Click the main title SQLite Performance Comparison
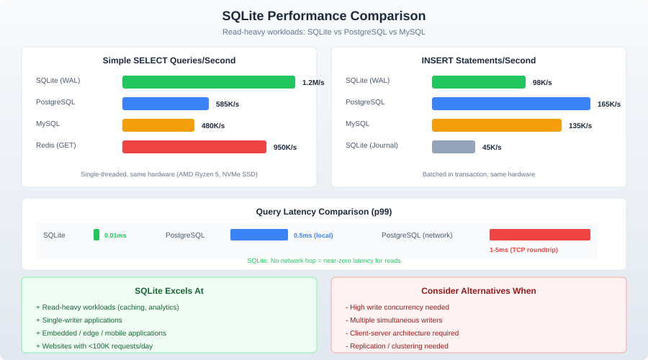click(323, 16)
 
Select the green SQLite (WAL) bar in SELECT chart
click(209, 82)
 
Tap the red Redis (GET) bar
click(194, 147)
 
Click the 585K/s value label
click(228, 104)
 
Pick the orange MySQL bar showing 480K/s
click(158, 125)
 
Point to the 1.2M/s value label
click(313, 83)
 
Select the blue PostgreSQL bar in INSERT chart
click(511, 104)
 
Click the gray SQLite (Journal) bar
click(454, 147)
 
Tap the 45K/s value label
click(492, 148)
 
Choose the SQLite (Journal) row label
click(372, 145)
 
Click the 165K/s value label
click(609, 104)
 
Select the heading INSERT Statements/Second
click(479, 60)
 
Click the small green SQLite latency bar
click(96, 235)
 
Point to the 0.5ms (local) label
click(313, 235)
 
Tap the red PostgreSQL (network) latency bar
click(540, 235)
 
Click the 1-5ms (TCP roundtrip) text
click(523, 250)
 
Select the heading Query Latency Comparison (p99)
click(324, 212)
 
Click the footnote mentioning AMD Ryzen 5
click(169, 174)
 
